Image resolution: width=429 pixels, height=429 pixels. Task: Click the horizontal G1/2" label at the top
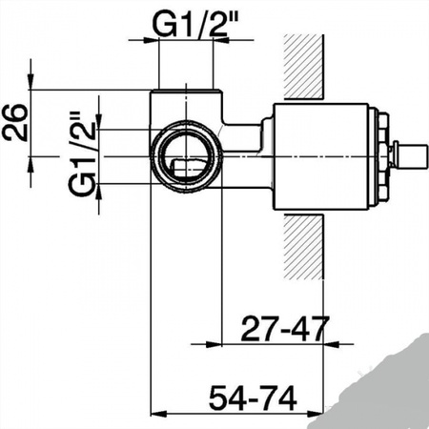195,24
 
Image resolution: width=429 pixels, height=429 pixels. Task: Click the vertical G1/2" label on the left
83,153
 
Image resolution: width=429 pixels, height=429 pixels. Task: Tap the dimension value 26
15,122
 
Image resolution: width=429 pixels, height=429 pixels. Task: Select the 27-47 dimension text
284,328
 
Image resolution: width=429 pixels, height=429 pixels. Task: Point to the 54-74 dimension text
253,398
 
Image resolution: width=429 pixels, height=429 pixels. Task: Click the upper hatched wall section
304,66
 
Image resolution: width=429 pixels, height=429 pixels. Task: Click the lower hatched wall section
304,248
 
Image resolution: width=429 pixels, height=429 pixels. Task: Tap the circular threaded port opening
186,156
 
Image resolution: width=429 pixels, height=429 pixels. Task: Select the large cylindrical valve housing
321,156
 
